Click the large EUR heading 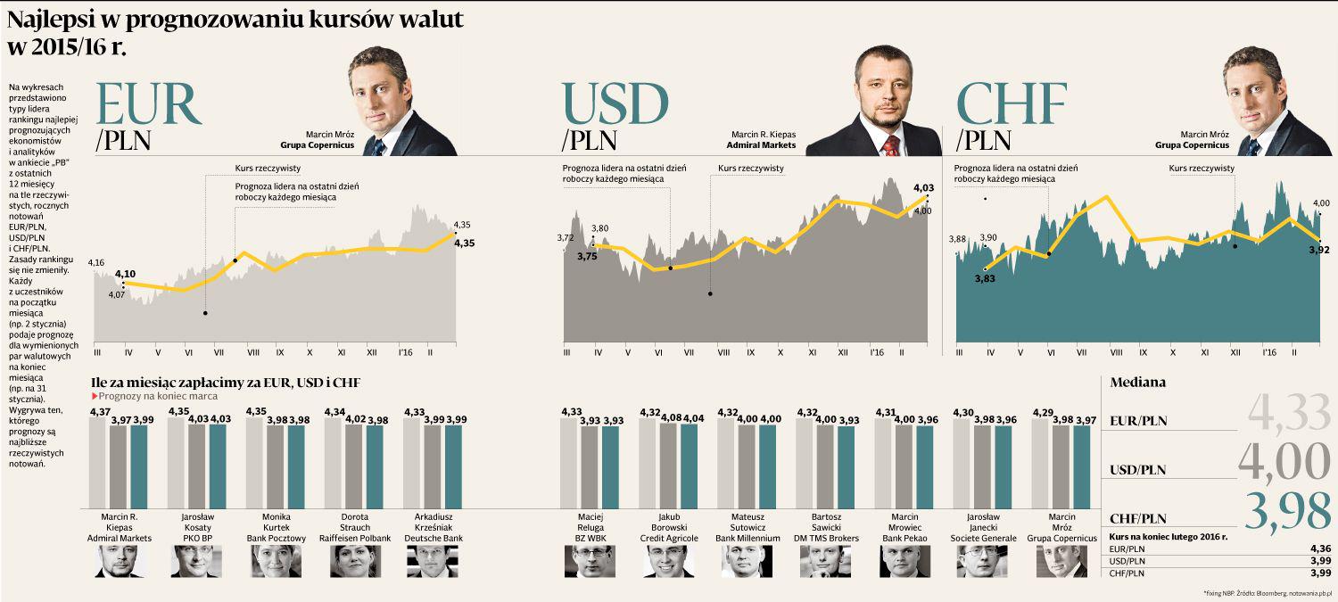pos(148,105)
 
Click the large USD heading pos(615,105)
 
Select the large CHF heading pos(1012,105)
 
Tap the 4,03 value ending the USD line pos(923,188)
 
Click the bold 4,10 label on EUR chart pos(126,274)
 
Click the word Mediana pos(1137,383)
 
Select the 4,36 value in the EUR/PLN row pos(1320,548)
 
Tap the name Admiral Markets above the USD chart pos(761,144)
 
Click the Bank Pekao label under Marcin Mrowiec pos(904,539)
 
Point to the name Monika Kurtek pos(276,522)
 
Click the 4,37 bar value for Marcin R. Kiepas pos(99,411)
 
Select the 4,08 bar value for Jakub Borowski pos(670,416)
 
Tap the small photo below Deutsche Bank pos(433,561)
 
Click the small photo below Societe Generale pos(983,561)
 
